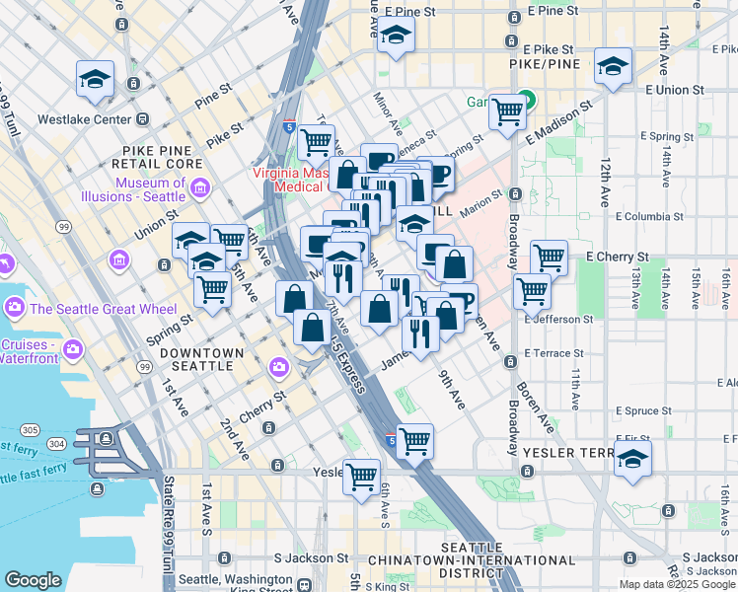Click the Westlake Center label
(x=84, y=119)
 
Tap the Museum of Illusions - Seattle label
(x=150, y=189)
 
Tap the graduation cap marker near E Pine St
(x=396, y=36)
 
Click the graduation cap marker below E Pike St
(x=613, y=67)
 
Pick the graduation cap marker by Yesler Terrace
(x=632, y=459)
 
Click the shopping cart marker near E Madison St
(x=507, y=112)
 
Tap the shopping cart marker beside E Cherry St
(x=549, y=259)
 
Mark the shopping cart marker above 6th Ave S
(x=361, y=477)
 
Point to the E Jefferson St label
(x=558, y=320)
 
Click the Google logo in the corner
(x=34, y=579)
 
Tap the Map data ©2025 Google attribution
(x=677, y=584)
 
